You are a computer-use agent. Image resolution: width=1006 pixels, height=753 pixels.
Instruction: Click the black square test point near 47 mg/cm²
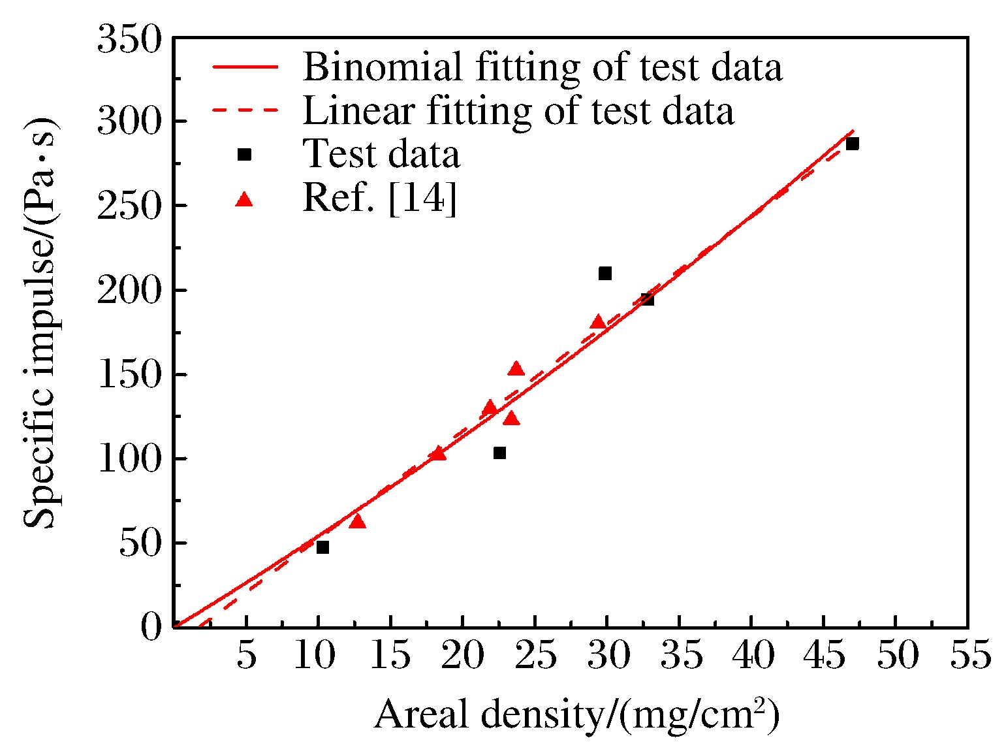(x=852, y=144)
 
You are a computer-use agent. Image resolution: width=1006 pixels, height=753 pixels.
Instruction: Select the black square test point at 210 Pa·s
(x=605, y=273)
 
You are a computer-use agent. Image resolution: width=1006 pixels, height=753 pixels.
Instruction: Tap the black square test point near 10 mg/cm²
(x=322, y=547)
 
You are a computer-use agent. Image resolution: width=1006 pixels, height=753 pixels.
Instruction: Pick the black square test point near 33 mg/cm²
(x=647, y=299)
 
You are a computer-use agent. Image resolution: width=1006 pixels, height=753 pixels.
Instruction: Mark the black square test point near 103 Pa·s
(x=499, y=453)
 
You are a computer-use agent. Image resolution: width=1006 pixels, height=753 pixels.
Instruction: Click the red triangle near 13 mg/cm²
(x=357, y=521)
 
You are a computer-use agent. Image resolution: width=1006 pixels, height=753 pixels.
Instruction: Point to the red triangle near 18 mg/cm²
(x=438, y=453)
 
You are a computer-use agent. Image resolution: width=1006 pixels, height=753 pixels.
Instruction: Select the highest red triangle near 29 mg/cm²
(x=598, y=322)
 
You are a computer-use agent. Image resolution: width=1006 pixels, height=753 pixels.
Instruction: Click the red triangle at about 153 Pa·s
(x=516, y=369)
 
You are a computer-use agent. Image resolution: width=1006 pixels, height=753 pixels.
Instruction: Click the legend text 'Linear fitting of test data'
(x=518, y=110)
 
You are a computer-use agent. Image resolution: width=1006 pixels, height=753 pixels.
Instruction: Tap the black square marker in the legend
(x=244, y=155)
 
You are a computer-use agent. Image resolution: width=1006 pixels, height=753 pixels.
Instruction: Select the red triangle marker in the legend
(x=244, y=199)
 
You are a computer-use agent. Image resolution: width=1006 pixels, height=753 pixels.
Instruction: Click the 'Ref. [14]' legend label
(x=379, y=198)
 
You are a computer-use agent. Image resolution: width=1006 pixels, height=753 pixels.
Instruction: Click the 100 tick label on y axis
(x=129, y=459)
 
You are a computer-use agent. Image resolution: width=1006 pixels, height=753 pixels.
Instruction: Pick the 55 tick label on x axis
(x=970, y=654)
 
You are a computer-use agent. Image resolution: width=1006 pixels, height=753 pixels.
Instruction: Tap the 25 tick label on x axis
(x=535, y=654)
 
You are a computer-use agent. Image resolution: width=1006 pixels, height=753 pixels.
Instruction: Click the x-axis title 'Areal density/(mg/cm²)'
(x=576, y=714)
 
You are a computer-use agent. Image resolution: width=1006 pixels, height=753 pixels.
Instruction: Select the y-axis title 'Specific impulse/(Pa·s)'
(x=40, y=323)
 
